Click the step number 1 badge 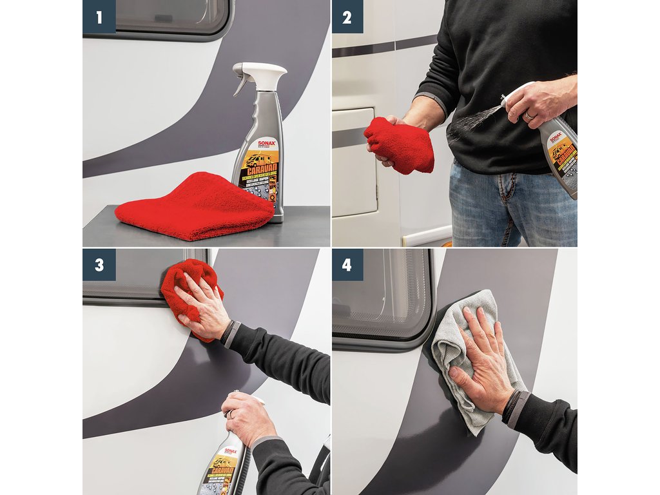99,17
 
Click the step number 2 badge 347,17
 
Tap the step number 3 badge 99,264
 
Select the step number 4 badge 347,264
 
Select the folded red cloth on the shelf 193,208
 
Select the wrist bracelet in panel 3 228,332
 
